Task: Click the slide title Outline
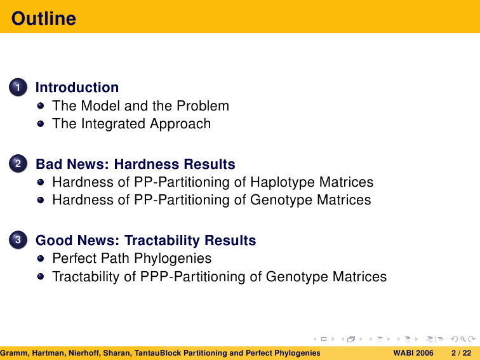(43, 18)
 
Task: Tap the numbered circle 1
(18, 87)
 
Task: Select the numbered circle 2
(18, 163)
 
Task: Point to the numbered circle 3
(18, 240)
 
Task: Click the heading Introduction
(77, 87)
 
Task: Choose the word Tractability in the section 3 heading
(162, 240)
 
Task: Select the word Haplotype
(283, 182)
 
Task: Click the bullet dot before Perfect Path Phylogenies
(41, 258)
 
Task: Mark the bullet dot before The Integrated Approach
(41, 124)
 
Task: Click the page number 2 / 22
(462, 353)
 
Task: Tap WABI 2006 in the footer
(413, 353)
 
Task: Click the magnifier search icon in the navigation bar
(463, 339)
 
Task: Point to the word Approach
(180, 124)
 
